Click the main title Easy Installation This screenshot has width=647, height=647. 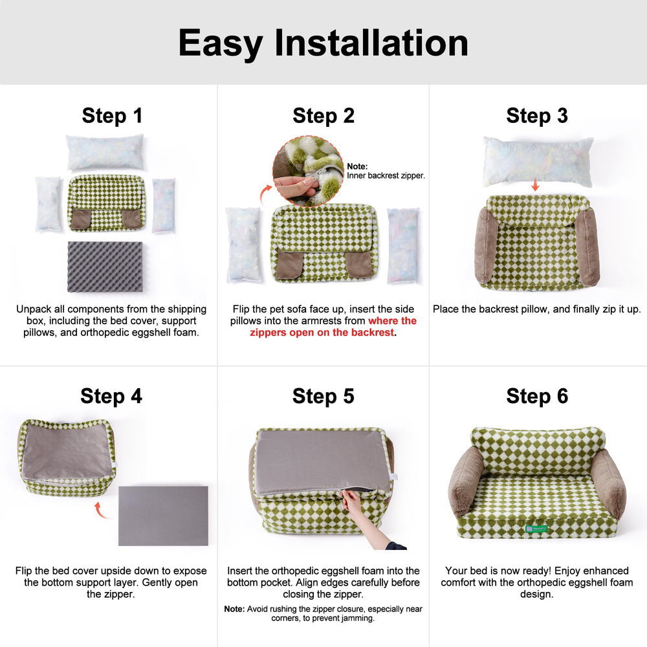(x=323, y=43)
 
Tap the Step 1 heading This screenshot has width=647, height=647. (x=112, y=116)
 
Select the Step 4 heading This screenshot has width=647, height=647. (x=111, y=396)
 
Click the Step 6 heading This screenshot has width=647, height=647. (x=537, y=396)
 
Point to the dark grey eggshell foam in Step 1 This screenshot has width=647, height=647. (x=105, y=267)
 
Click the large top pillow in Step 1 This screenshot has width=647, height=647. (x=105, y=153)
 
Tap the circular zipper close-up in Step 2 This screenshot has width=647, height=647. (x=308, y=171)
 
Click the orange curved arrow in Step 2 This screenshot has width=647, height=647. (x=265, y=192)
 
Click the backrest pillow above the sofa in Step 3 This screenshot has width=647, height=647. (x=538, y=160)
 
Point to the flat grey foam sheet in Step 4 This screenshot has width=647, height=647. (x=163, y=516)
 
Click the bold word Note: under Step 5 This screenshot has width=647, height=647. (x=234, y=609)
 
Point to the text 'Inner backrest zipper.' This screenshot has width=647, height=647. (x=386, y=175)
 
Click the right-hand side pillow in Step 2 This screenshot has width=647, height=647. (x=403, y=246)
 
